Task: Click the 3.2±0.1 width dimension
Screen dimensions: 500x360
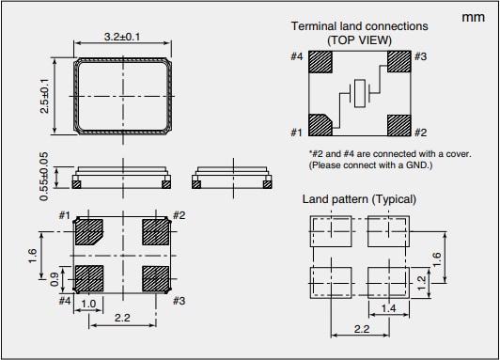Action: point(122,37)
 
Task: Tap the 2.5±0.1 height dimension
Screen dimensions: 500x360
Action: point(45,96)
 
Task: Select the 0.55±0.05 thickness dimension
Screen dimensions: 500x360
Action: point(44,177)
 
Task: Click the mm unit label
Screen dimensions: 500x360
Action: point(474,18)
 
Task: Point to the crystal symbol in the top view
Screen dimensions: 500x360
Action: point(360,93)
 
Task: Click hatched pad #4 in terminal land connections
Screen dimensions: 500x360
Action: point(320,62)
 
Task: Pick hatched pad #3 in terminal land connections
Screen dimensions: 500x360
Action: point(399,62)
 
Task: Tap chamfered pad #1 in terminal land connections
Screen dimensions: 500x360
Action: point(320,125)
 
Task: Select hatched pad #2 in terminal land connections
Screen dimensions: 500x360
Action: point(399,125)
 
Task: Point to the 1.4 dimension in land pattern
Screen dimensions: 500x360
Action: point(388,308)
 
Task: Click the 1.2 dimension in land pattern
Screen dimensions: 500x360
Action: point(421,283)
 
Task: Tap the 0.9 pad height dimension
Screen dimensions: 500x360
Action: point(55,279)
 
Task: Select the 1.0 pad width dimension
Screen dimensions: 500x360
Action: point(88,304)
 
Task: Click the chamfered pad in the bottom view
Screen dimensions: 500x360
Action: point(89,232)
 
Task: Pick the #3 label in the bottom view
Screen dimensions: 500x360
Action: point(179,301)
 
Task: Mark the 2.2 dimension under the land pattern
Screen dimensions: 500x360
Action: point(362,329)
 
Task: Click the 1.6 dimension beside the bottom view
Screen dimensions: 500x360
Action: point(33,256)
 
